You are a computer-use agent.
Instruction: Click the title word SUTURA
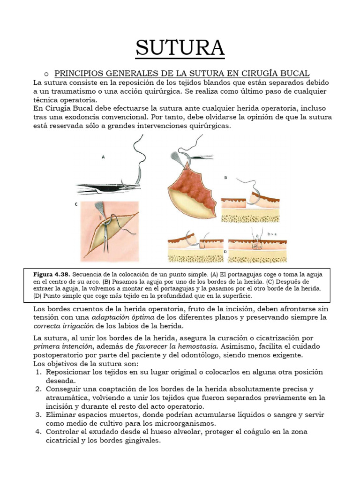pos(180,48)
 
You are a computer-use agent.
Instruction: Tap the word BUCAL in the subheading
pos(294,73)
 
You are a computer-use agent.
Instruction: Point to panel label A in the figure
pos(103,157)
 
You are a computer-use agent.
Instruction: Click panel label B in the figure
pos(225,178)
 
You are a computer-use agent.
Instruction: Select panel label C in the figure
pos(76,204)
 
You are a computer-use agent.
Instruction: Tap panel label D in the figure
pos(225,251)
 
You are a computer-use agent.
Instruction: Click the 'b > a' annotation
pos(272,233)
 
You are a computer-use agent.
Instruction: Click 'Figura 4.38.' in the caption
pos(51,274)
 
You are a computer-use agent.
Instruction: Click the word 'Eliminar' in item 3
pos(61,415)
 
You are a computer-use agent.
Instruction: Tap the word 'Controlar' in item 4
pos(63,432)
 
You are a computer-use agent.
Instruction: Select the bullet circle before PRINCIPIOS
pos(46,74)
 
